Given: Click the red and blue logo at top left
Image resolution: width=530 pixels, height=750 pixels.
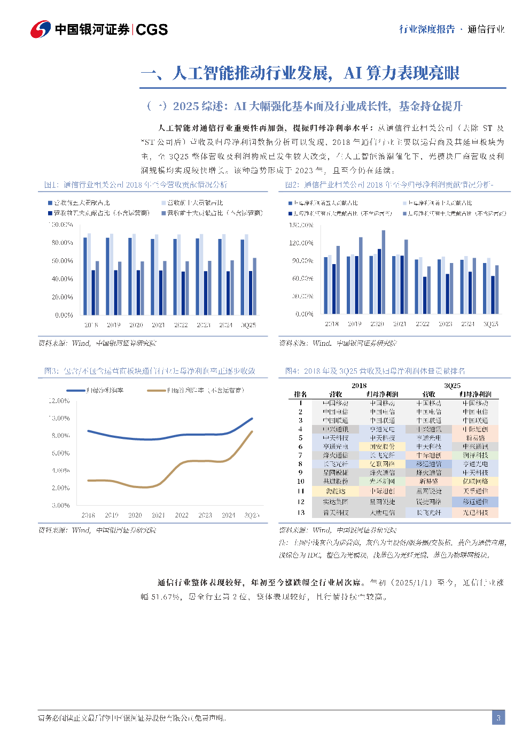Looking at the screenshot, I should pyautogui.click(x=41, y=29).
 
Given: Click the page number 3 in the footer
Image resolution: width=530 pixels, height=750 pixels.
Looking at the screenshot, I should pyautogui.click(x=498, y=717).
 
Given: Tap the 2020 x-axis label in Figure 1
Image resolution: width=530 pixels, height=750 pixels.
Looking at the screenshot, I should pyautogui.click(x=136, y=325).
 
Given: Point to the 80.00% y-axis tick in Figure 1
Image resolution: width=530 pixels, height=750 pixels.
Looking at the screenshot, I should pyautogui.click(x=63, y=243).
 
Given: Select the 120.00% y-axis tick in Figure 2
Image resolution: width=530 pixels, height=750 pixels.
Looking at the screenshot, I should pyautogui.click(x=302, y=243).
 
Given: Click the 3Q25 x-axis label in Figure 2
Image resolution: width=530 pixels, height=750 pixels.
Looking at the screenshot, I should pyautogui.click(x=490, y=324).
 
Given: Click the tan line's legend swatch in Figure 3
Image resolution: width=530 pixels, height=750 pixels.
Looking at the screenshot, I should pyautogui.click(x=156, y=390).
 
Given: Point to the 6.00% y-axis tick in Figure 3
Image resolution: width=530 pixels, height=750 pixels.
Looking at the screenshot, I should pyautogui.click(x=60, y=453).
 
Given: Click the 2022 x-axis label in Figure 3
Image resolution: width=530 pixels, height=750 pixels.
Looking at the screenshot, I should pyautogui.click(x=182, y=515).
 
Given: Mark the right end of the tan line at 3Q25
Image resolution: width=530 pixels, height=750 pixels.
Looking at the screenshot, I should pyautogui.click(x=252, y=431).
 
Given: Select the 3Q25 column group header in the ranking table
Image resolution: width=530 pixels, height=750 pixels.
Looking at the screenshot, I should pyautogui.click(x=452, y=385).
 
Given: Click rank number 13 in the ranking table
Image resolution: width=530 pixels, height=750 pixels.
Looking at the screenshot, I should pyautogui.click(x=301, y=513).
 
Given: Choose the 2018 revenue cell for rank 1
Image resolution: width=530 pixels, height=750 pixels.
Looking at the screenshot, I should pyautogui.click(x=336, y=403).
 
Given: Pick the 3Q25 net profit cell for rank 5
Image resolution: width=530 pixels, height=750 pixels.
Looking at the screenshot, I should pyautogui.click(x=475, y=438).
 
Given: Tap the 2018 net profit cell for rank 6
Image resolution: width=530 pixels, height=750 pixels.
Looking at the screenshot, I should pyautogui.click(x=383, y=446).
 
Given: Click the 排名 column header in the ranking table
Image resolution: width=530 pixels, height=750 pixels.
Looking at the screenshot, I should pyautogui.click(x=301, y=394).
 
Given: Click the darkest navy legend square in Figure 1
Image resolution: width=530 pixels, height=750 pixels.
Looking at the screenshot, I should pyautogui.click(x=50, y=213).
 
